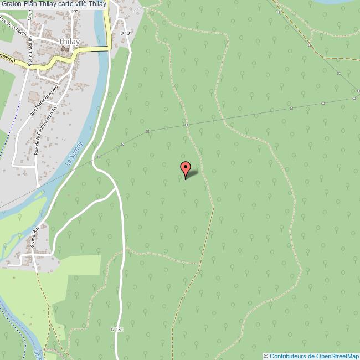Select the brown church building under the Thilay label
[66, 49]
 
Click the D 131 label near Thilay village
[127, 33]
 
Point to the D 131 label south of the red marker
[116, 329]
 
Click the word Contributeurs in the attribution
[287, 356]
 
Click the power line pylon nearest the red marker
[186, 125]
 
